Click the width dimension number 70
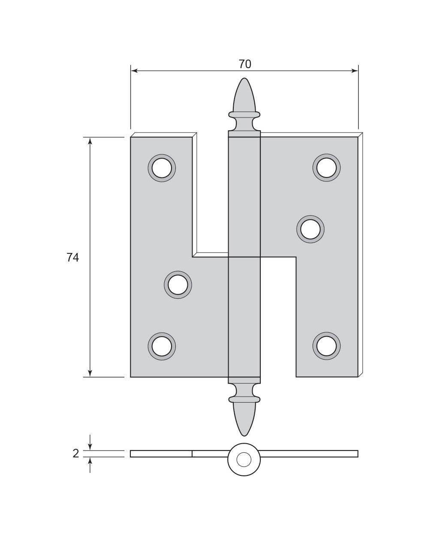point(245,64)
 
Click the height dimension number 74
point(72,258)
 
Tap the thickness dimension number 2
point(75,454)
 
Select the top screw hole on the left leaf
point(162,168)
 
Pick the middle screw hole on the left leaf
point(178,285)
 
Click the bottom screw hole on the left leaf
point(162,346)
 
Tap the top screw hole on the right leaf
point(326,168)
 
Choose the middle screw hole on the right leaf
point(310,229)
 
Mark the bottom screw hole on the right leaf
point(326,346)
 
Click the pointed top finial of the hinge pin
point(244,95)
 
